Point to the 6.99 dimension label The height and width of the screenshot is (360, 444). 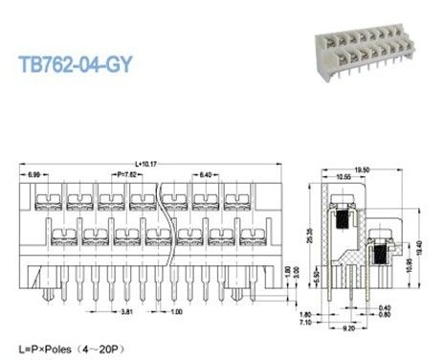(x=34, y=174)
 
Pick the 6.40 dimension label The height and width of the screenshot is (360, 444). (x=211, y=174)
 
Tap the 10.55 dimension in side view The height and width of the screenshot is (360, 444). (x=343, y=176)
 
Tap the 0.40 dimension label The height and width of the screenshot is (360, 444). (x=384, y=307)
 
